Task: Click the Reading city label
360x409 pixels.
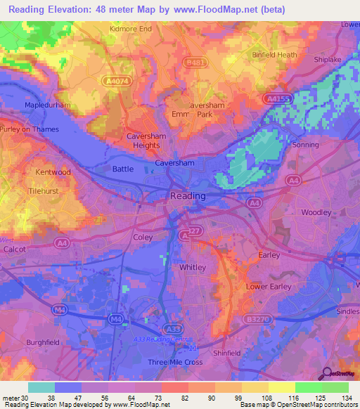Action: pyautogui.click(x=188, y=196)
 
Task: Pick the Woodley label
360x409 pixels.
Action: pyautogui.click(x=316, y=212)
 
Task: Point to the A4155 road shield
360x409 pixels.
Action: pyautogui.click(x=278, y=100)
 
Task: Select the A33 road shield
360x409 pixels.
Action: pyautogui.click(x=172, y=328)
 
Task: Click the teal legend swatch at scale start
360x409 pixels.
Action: pyautogui.click(x=41, y=387)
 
